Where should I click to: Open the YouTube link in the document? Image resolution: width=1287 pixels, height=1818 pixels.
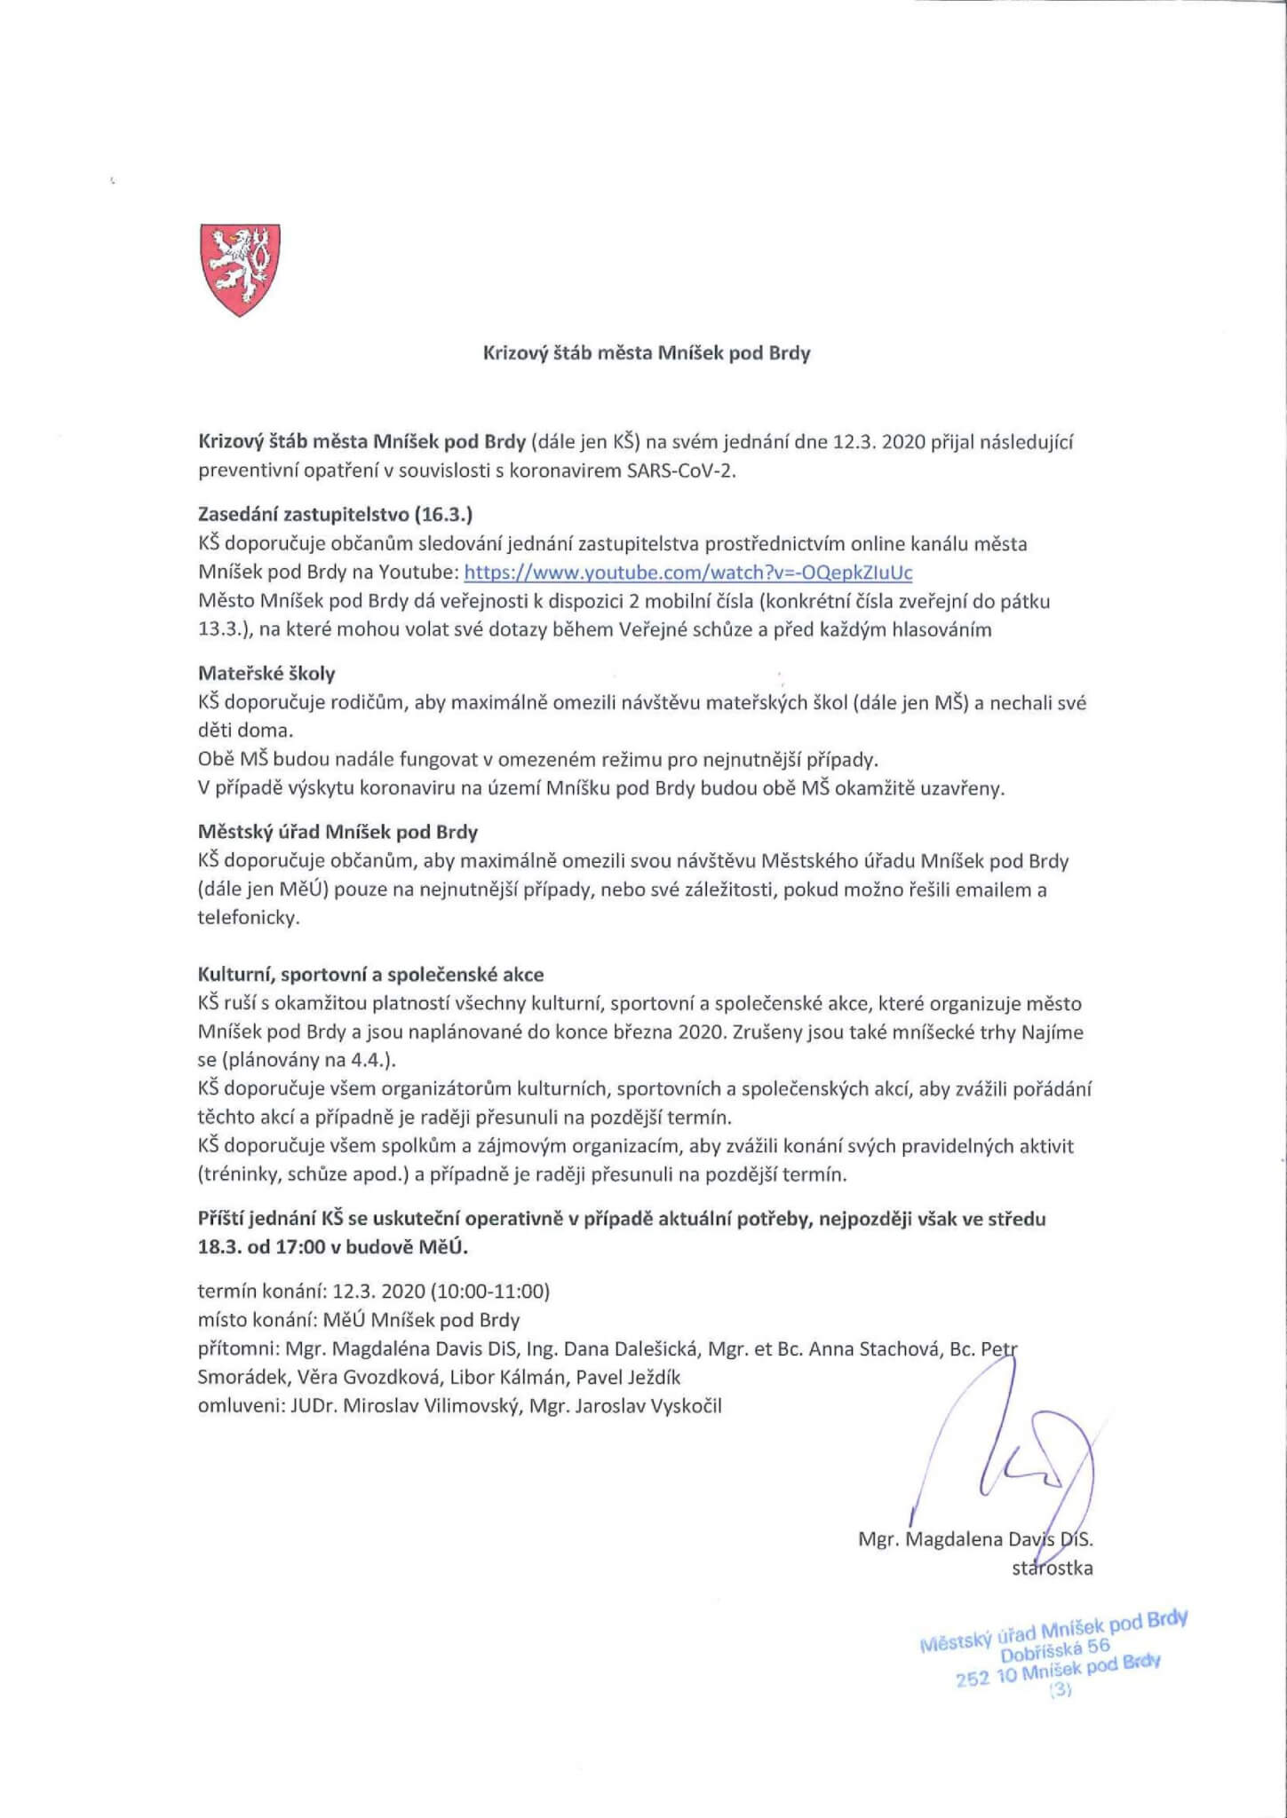688,572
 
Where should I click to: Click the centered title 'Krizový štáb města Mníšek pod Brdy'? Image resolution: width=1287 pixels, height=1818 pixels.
646,353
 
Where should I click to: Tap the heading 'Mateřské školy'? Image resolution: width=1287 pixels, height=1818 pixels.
266,674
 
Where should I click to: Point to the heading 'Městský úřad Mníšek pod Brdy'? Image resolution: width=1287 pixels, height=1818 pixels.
338,833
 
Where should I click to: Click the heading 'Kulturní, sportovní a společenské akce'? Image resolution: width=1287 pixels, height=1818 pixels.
370,975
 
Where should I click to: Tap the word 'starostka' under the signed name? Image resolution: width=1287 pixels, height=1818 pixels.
1052,1569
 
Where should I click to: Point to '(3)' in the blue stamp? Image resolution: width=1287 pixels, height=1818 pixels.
1061,1690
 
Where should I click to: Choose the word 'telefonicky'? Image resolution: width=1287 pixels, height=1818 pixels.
248,918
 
